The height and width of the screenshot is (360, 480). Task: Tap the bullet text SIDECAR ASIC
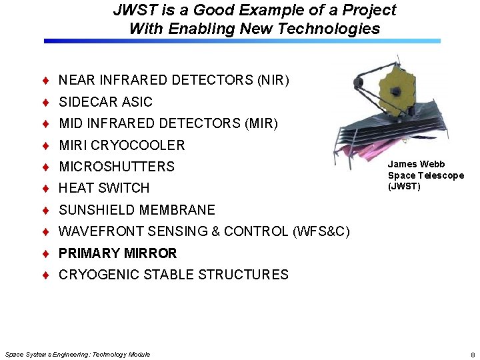(x=105, y=102)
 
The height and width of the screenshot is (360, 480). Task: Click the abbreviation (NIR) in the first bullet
(x=273, y=81)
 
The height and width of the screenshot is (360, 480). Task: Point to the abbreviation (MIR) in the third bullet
(x=261, y=123)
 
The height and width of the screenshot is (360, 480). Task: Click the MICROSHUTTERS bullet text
(x=117, y=167)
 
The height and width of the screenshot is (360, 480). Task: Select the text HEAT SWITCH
(x=104, y=188)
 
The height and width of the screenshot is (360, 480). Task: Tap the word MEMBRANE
(x=177, y=210)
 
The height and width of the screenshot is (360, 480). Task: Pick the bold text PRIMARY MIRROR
(x=118, y=253)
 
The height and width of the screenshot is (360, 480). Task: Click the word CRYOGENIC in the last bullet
(x=99, y=275)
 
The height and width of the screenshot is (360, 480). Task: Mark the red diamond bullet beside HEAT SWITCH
(x=45, y=188)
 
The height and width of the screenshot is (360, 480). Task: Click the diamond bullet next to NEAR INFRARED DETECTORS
(x=45, y=81)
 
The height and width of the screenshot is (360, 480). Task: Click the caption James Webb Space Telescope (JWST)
(x=425, y=175)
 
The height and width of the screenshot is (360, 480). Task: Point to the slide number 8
(x=472, y=355)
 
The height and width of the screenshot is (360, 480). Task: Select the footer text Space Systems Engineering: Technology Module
(x=77, y=354)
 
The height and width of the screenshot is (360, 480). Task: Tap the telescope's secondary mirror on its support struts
(x=358, y=83)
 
